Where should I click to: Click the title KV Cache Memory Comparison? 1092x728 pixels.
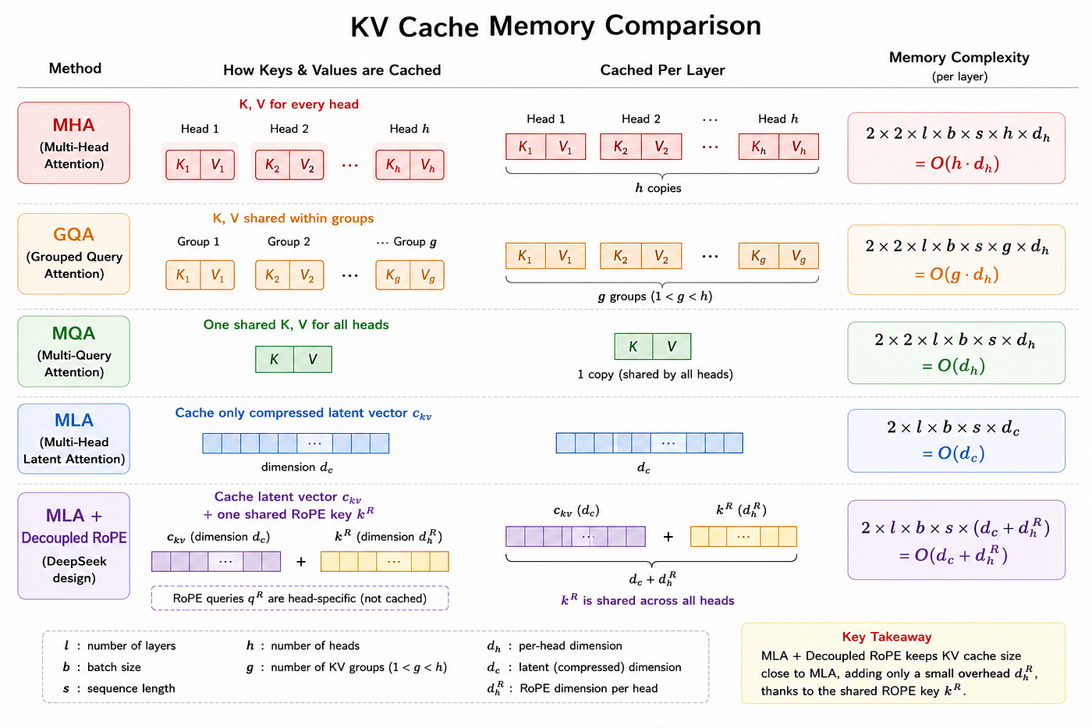tap(555, 26)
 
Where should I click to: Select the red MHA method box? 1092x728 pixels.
tap(73, 143)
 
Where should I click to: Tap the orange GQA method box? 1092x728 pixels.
tap(73, 254)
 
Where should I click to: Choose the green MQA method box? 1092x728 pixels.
tap(73, 351)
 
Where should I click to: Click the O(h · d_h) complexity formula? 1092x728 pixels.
tap(957, 163)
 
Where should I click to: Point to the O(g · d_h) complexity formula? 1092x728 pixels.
tap(956, 275)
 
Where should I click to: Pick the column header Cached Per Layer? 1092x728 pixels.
tap(662, 70)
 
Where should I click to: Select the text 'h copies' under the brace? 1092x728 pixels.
tap(658, 188)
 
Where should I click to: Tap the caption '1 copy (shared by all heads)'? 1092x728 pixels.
tap(655, 375)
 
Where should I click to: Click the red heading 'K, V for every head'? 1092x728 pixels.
tap(299, 105)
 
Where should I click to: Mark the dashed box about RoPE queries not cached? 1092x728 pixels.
tap(300, 598)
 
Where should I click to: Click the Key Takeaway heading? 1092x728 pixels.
tap(887, 637)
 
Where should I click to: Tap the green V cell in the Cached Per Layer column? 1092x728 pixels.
tap(672, 346)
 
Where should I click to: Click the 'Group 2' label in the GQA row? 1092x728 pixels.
tap(289, 242)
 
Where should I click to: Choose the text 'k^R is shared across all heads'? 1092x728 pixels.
tap(647, 600)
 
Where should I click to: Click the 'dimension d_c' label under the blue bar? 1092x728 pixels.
tap(297, 467)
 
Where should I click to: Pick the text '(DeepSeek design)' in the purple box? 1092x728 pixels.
tap(74, 570)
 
